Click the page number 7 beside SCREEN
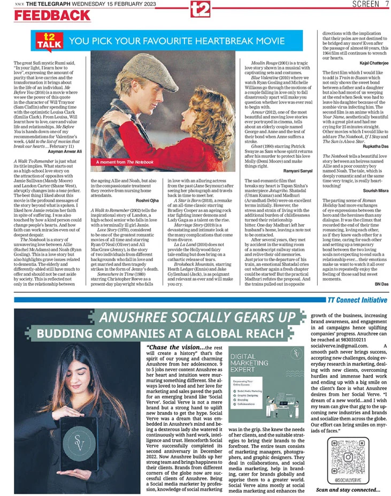coord(386,4)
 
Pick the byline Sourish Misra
coord(370,189)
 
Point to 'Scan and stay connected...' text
coord(348,490)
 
